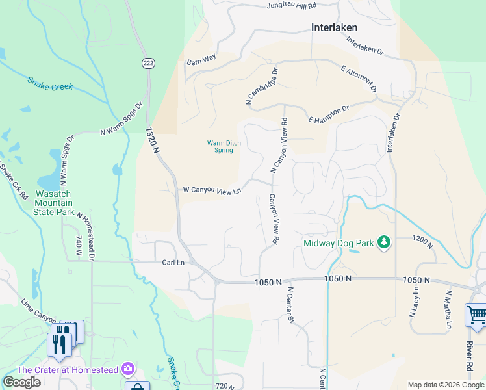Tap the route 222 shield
pyautogui.click(x=148, y=62)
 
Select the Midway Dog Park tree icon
pyautogui.click(x=385, y=242)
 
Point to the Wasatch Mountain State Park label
pyautogui.click(x=47, y=203)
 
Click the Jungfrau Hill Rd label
pyautogui.click(x=291, y=6)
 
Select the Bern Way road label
pyautogui.click(x=201, y=59)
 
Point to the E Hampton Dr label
pyautogui.click(x=329, y=114)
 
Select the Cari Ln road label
pyautogui.click(x=173, y=263)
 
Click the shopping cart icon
pyautogui.click(x=476, y=316)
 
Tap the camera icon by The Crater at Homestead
pyautogui.click(x=128, y=369)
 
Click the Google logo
pyautogui.click(x=21, y=382)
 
